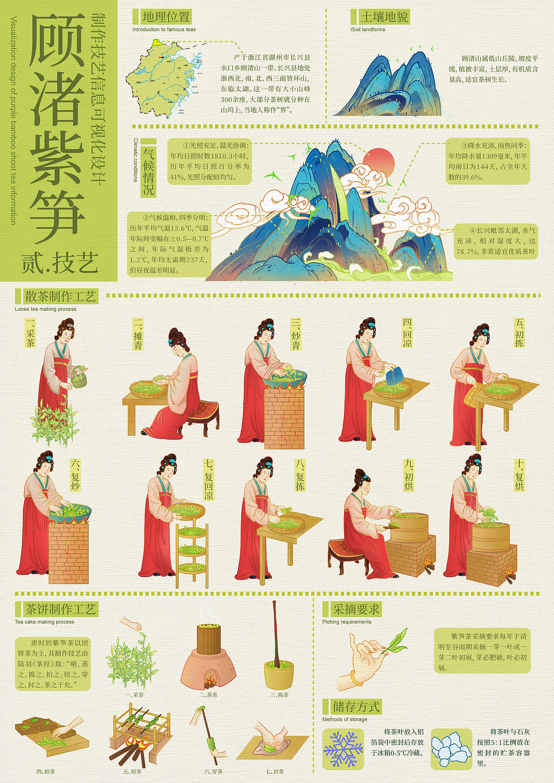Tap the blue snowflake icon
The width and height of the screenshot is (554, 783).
pos(344,748)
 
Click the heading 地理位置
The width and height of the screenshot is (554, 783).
pos(166,17)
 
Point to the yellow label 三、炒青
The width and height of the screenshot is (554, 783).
pos(296,334)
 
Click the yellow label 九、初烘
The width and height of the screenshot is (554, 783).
pos(409,475)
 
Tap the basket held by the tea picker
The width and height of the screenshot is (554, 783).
pos(79,377)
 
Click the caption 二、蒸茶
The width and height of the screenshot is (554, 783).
pos(208,695)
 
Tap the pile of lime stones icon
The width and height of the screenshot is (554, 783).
pos(451,749)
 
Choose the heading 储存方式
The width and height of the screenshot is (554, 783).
pos(356,706)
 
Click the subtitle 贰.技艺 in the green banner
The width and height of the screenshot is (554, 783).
pos(60,263)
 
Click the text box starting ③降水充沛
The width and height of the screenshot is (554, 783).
pos(488,161)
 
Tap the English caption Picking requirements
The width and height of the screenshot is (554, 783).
pos(347,622)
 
